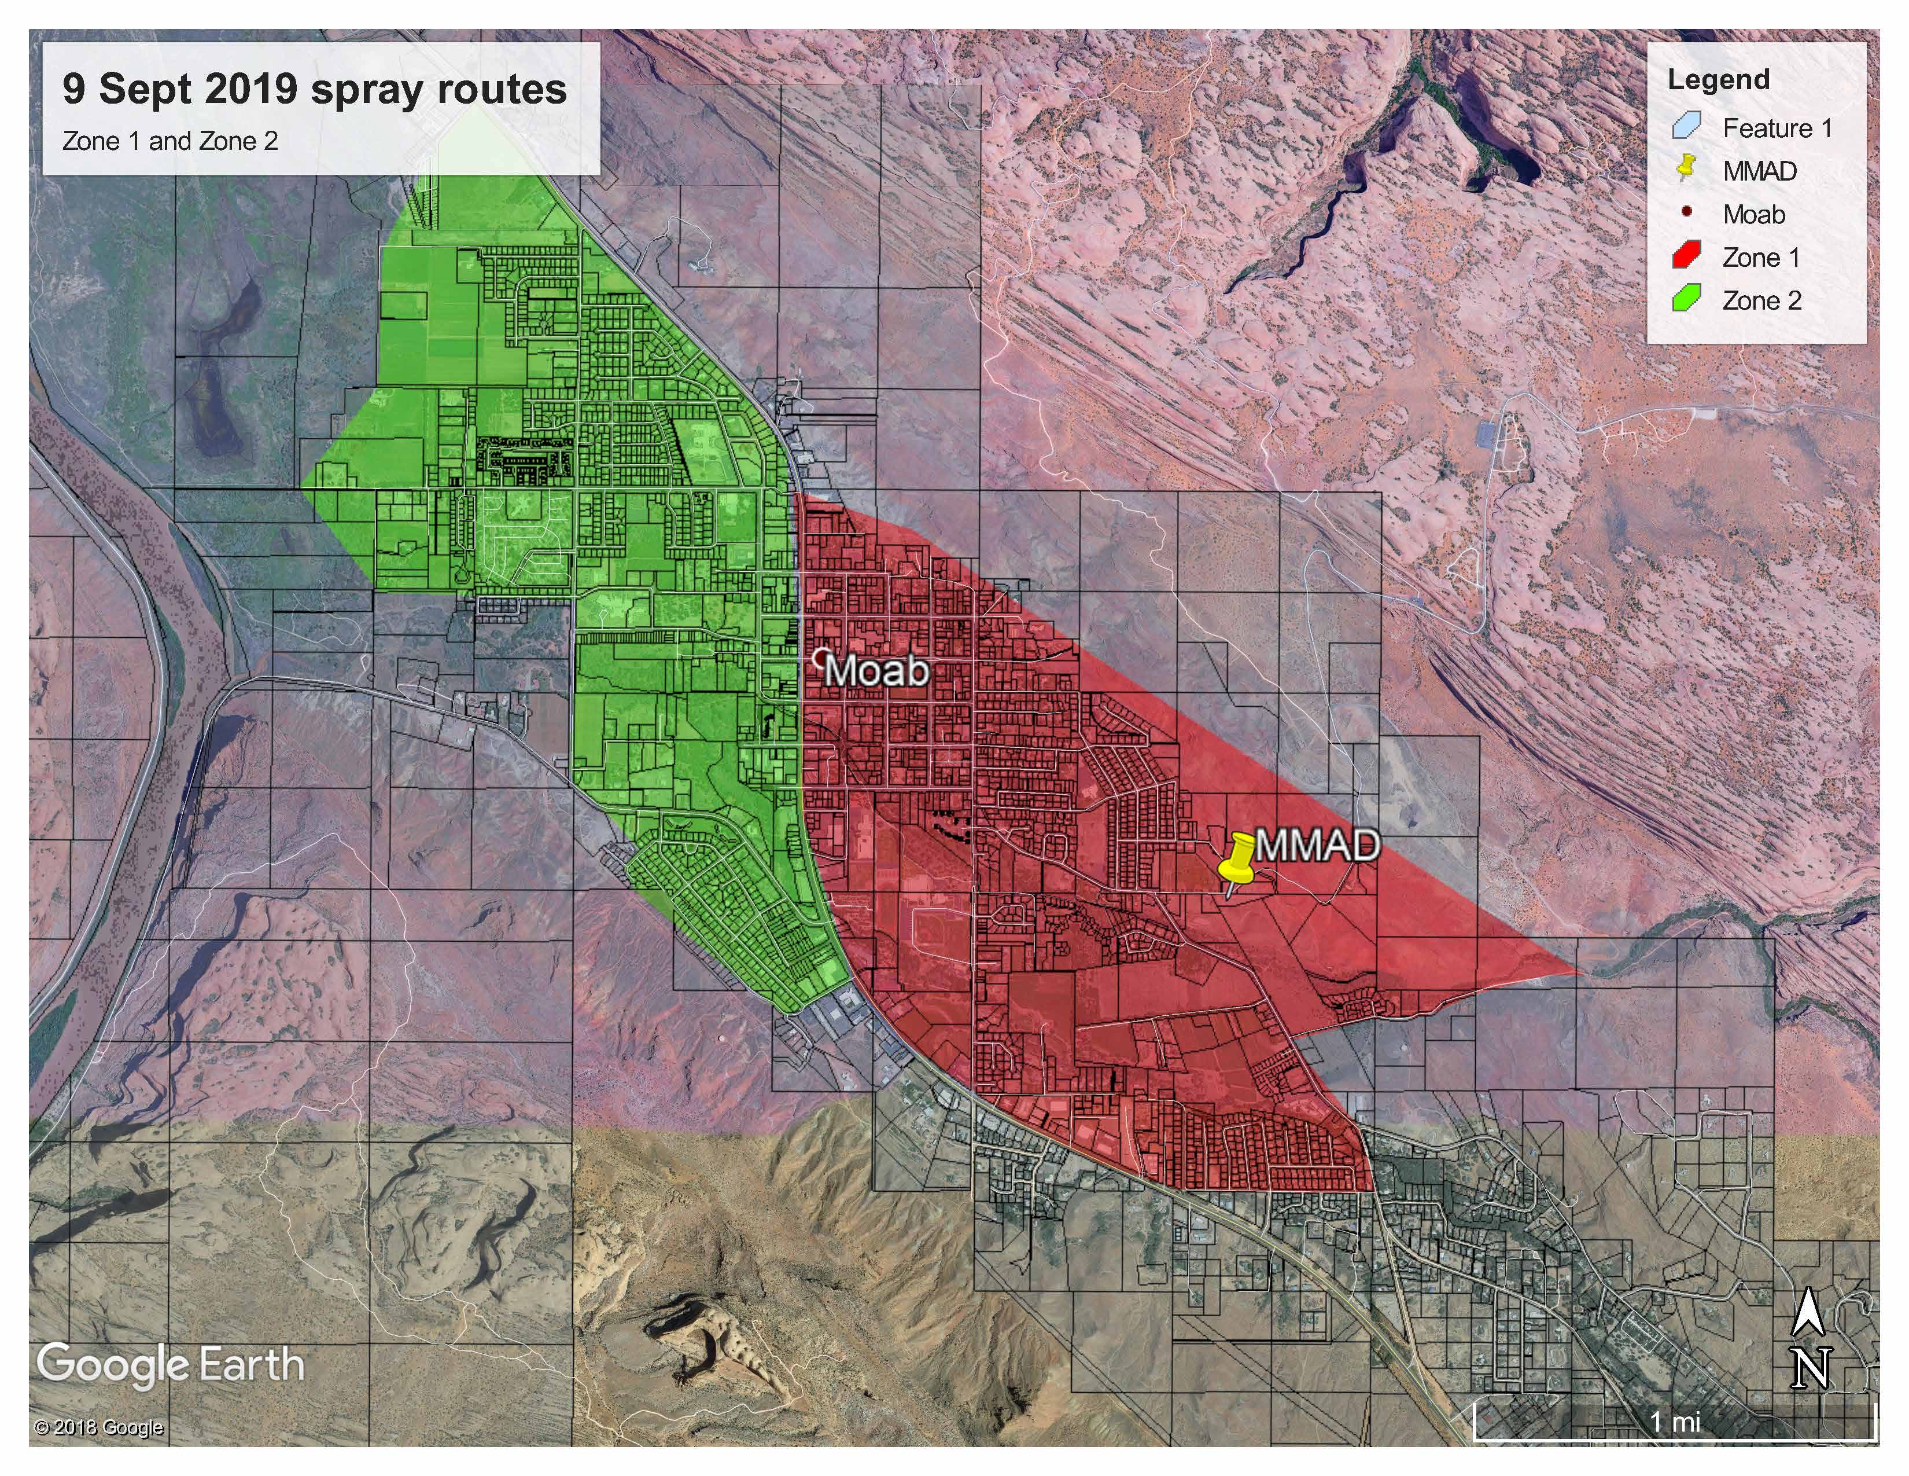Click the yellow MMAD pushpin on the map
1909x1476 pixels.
[x=1236, y=861]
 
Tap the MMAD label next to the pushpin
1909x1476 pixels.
[x=1317, y=846]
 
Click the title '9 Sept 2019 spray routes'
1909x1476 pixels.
[x=315, y=89]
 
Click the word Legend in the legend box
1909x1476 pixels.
[x=1718, y=79]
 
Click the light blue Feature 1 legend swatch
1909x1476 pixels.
[x=1685, y=126]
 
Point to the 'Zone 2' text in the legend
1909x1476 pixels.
[x=1761, y=301]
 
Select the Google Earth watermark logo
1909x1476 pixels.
[x=171, y=1364]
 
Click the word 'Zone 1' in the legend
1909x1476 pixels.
[x=1761, y=258]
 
